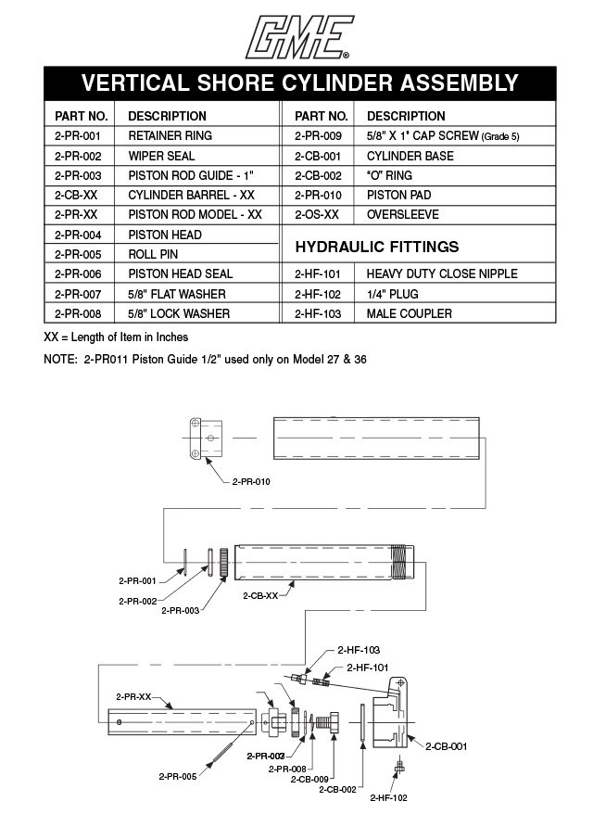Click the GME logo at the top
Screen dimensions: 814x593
tap(296, 34)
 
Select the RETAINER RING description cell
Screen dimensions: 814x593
tap(170, 136)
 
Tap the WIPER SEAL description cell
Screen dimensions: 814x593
tap(161, 156)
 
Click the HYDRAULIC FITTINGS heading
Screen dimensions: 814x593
tap(376, 247)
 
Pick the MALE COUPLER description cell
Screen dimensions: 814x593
tap(409, 313)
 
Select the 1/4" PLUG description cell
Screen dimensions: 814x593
tap(395, 294)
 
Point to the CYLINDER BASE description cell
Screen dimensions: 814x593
tap(410, 156)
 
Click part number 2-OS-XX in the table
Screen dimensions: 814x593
tap(317, 215)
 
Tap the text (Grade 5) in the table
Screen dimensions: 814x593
tap(501, 137)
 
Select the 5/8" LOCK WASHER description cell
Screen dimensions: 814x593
tap(178, 313)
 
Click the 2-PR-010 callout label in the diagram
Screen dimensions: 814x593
tap(251, 482)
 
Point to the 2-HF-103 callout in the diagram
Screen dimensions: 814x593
tap(360, 650)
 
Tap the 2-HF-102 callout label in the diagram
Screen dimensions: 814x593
tap(388, 797)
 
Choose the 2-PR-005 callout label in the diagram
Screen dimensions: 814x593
tap(177, 776)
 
